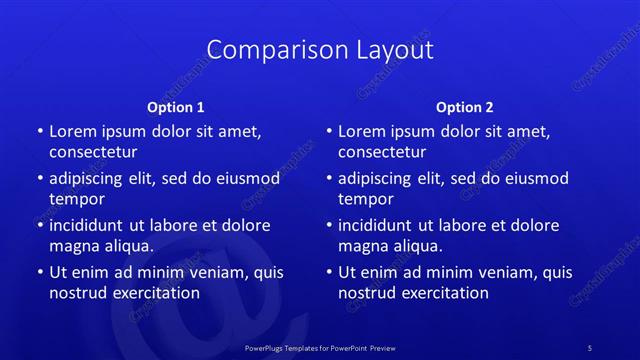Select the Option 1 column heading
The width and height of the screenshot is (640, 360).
pyautogui.click(x=176, y=107)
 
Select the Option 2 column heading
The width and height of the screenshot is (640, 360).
pyautogui.click(x=465, y=107)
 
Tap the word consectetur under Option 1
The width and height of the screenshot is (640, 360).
pyautogui.click(x=93, y=152)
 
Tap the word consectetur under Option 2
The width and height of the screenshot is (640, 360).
pyautogui.click(x=382, y=152)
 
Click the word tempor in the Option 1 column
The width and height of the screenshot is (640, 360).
pyautogui.click(x=77, y=199)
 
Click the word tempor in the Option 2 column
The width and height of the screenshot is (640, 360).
pyautogui.click(x=366, y=199)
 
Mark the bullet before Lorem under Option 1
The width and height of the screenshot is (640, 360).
pyautogui.click(x=40, y=131)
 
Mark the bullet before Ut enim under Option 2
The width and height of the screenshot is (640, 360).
pyautogui.click(x=329, y=272)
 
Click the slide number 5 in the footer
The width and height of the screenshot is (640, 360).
pyautogui.click(x=590, y=348)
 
